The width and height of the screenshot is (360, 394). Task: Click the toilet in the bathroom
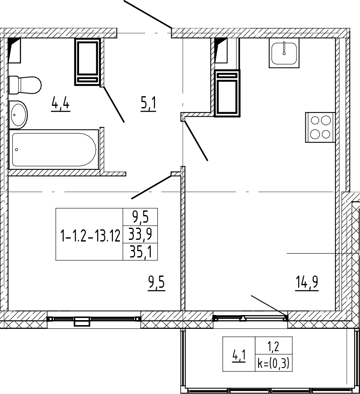coord(25,85)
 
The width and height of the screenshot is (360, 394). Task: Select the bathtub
coord(53,150)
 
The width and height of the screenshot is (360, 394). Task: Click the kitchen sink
coord(284,53)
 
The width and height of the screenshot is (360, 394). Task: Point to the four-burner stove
coord(320,127)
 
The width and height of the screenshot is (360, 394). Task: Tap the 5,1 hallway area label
coord(148,105)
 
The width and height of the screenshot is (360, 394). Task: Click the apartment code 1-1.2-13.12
coord(90,236)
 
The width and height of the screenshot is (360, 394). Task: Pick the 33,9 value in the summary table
coord(140,234)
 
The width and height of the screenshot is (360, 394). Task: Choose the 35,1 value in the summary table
coord(140,252)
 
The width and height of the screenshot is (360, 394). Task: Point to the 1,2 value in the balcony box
coord(273,347)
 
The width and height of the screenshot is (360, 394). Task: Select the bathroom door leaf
coord(113,104)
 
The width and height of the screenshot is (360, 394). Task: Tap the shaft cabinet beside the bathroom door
coord(87,62)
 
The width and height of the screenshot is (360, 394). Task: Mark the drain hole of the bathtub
coord(16,150)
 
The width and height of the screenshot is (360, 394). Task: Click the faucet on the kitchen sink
coord(284,48)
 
